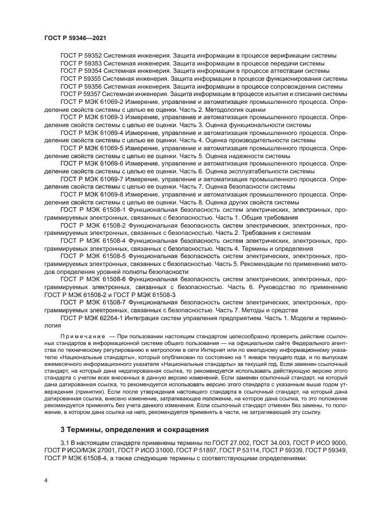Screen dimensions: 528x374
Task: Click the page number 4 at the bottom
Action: pos(46,480)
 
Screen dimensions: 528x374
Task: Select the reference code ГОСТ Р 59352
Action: pos(79,56)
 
